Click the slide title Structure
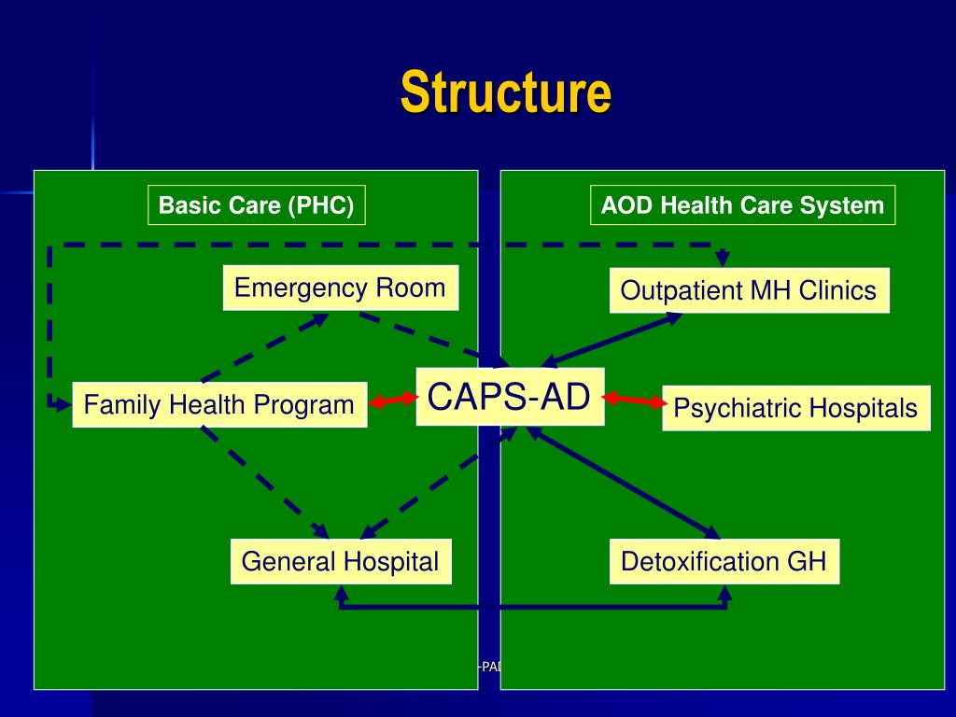[x=506, y=92]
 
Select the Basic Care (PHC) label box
[x=256, y=205]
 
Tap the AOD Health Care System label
[x=742, y=205]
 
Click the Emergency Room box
[x=340, y=288]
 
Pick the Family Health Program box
[x=219, y=405]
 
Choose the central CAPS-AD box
[x=510, y=397]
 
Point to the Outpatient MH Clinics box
[x=749, y=290]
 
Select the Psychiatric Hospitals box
[x=795, y=408]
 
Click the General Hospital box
[x=340, y=562]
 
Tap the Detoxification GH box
[x=724, y=562]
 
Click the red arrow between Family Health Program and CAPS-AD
[x=392, y=401]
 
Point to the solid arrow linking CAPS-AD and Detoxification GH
[x=624, y=482]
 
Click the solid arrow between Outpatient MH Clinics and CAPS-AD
[x=612, y=339]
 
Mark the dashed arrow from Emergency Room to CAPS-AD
[x=429, y=337]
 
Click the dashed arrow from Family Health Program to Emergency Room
[x=264, y=348]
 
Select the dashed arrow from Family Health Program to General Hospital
[x=264, y=482]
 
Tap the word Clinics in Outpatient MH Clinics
[x=837, y=290]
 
